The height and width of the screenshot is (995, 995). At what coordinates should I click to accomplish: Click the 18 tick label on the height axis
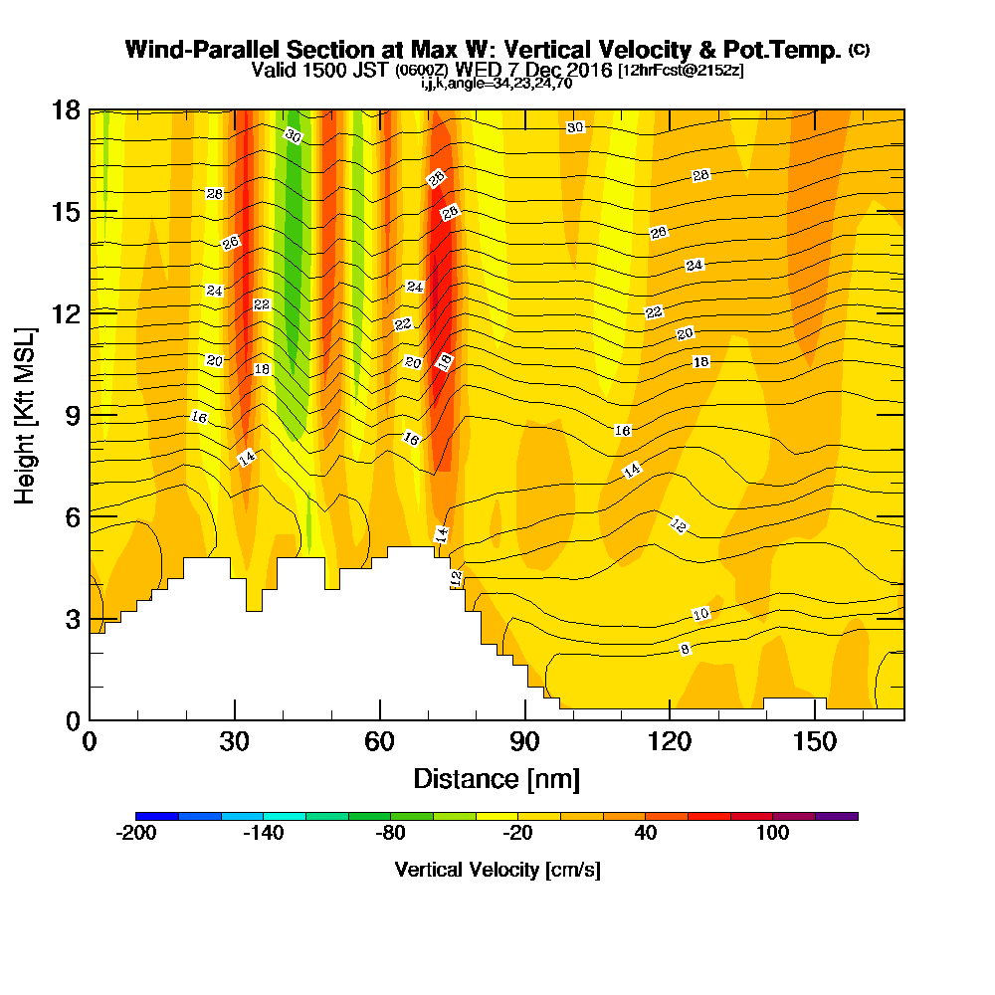66,110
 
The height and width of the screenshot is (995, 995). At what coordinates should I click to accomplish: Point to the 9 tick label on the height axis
74,416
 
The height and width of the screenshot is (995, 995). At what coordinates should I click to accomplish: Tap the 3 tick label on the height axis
74,619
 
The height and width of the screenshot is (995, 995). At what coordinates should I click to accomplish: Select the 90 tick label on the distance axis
524,741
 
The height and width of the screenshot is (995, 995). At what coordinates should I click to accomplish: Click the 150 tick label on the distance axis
815,741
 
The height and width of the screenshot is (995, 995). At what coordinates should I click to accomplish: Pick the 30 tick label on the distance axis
235,741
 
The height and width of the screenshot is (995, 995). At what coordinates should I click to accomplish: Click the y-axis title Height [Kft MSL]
24,416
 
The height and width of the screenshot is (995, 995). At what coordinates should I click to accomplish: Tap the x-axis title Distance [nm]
497,779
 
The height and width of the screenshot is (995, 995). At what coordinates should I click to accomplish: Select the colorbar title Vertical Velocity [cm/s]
497,869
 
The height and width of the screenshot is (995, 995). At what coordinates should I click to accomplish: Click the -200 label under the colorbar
135,833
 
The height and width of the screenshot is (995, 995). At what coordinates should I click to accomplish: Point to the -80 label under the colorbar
390,833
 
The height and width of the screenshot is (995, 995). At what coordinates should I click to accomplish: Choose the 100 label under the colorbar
772,833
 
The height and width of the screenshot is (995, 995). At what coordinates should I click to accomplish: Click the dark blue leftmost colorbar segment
157,816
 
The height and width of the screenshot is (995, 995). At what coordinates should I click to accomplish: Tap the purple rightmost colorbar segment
837,816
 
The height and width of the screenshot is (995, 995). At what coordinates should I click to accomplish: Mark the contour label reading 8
685,649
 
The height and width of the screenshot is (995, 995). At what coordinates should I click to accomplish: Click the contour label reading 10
700,614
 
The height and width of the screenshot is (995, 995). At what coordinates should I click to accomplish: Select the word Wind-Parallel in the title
202,50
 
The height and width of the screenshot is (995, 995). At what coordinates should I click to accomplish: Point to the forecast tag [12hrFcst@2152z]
681,70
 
